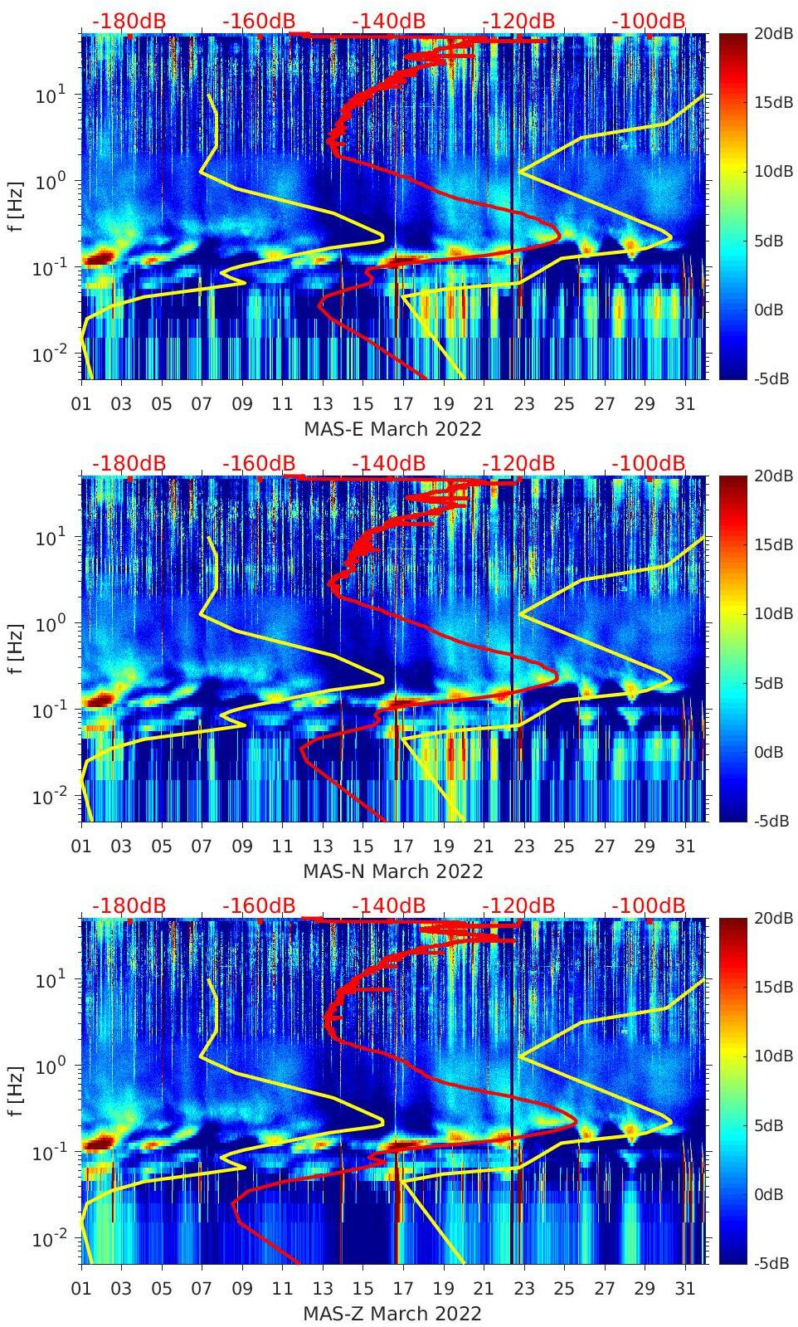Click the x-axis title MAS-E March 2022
point(392,429)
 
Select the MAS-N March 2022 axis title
point(392,871)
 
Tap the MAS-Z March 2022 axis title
point(392,1314)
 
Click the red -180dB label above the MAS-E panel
point(129,21)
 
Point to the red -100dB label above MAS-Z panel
point(649,905)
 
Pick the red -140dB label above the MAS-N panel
point(389,463)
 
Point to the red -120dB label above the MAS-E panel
point(518,21)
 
